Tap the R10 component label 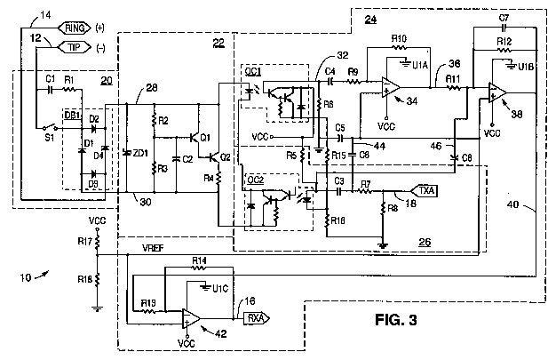point(399,38)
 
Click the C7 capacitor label point(504,18)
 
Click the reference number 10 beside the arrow point(26,278)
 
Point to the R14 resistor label point(200,259)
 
